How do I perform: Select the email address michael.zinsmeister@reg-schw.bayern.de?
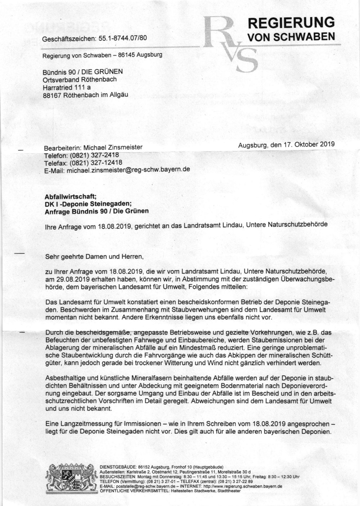pyautogui.click(x=127, y=169)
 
